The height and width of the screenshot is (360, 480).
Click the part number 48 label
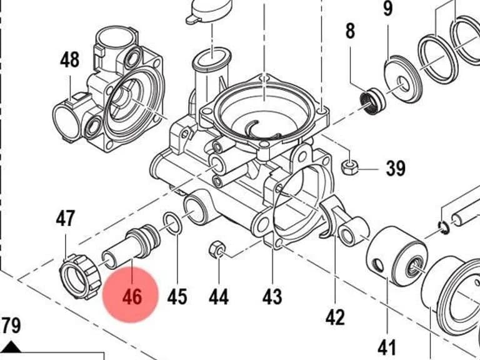[x=69, y=60]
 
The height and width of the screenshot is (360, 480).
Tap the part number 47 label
[x=65, y=218]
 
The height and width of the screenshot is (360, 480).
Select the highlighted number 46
[x=132, y=297]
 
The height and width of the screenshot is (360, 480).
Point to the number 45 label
[x=177, y=297]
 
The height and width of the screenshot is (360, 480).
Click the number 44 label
[x=219, y=297]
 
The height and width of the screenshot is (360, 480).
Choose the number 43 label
[x=272, y=297]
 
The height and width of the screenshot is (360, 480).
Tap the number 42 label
[x=335, y=317]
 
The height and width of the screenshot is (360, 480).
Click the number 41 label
[x=387, y=348]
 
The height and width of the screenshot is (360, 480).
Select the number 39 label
[x=396, y=168]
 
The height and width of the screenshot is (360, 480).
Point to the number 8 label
[x=351, y=31]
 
